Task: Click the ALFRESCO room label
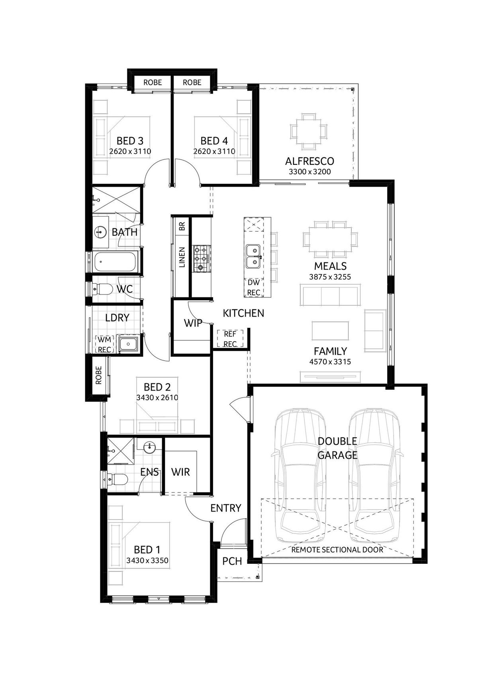(309, 161)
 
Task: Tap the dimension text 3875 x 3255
(330, 277)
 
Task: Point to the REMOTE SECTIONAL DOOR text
(337, 550)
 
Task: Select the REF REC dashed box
(230, 339)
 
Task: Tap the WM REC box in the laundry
(105, 345)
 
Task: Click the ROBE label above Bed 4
(192, 82)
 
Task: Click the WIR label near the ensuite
(180, 472)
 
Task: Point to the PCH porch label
(232, 561)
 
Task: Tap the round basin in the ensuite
(150, 447)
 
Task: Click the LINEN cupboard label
(182, 257)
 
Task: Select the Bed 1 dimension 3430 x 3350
(147, 561)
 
